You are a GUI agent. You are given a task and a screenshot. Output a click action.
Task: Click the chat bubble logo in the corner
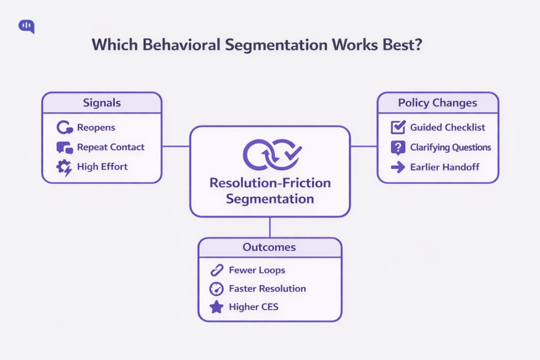point(26,26)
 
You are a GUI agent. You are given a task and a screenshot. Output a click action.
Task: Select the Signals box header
point(102,102)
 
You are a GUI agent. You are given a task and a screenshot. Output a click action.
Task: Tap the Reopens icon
point(64,128)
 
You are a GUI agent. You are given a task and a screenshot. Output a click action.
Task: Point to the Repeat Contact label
point(111,147)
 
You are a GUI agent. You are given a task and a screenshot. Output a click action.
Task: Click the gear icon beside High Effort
point(64,167)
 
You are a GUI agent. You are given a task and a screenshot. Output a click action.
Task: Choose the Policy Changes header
point(438,102)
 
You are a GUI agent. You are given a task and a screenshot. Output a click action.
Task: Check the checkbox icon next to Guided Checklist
point(398,128)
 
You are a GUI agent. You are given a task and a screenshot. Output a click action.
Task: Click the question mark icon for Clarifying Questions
point(398,148)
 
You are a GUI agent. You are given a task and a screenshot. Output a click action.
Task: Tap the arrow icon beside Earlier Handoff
point(398,167)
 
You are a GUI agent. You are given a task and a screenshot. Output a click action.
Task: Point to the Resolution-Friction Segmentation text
point(270,191)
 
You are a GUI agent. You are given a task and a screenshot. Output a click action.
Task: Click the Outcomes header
point(269,247)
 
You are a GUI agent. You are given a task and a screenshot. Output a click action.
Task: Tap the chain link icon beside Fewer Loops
point(216,270)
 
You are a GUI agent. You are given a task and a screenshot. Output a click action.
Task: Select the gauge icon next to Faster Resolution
point(216,289)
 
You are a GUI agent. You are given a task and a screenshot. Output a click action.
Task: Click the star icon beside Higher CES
point(216,307)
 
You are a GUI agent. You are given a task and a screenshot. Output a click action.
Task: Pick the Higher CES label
point(253,307)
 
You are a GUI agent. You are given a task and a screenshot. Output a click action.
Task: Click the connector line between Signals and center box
point(176,146)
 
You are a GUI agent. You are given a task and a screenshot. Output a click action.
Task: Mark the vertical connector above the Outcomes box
point(270,227)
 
